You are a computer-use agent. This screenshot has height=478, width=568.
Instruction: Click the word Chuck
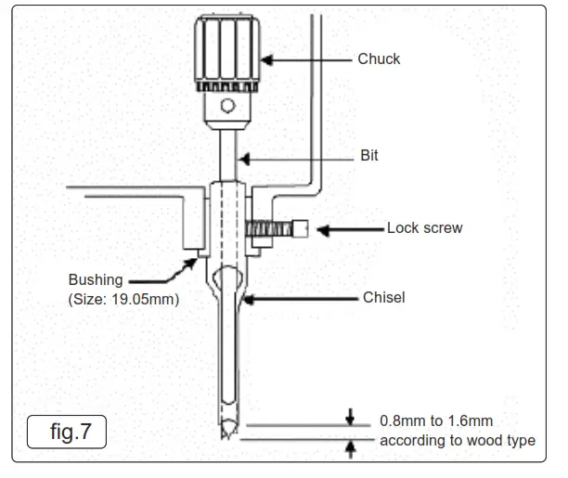click(379, 58)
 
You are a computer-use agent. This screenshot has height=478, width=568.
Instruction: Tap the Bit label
click(368, 156)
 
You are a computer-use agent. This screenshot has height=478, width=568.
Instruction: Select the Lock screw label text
click(424, 227)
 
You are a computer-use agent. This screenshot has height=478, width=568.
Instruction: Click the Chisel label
click(383, 298)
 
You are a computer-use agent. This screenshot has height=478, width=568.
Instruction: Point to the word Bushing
click(96, 280)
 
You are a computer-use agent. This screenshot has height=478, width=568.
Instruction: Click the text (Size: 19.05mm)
click(123, 300)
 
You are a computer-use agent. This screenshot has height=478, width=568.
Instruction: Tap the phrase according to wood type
click(457, 440)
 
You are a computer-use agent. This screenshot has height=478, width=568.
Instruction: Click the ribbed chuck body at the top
click(228, 50)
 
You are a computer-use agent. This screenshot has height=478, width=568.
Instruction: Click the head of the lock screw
click(302, 228)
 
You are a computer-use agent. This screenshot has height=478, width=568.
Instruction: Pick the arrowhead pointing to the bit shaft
click(241, 157)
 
